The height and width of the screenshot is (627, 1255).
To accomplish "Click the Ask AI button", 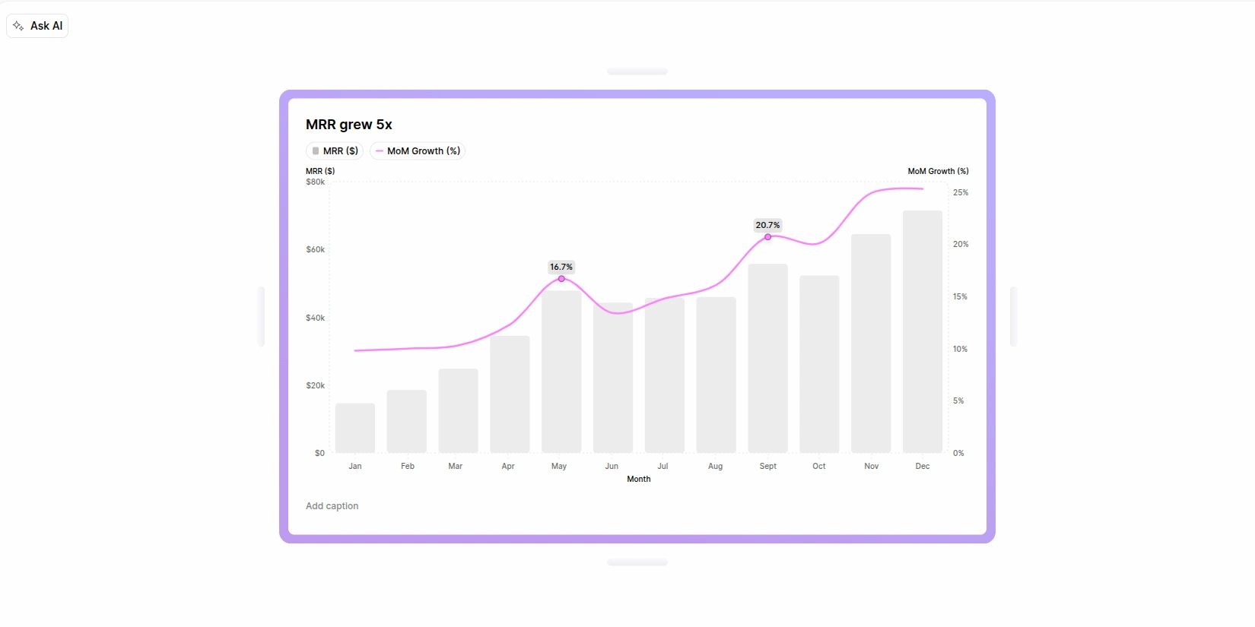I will (x=37, y=26).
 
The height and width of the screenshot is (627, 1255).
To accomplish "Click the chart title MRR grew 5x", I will (x=349, y=125).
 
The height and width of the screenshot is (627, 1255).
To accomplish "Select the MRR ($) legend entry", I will (x=335, y=151).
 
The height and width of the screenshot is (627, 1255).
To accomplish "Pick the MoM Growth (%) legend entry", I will (x=418, y=151).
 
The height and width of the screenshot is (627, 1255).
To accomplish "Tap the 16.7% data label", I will (x=561, y=267).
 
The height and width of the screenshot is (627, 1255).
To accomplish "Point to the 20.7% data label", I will (x=767, y=225).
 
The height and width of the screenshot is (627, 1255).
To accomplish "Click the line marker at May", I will (x=561, y=279).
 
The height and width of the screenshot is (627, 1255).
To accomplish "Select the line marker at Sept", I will (x=767, y=237).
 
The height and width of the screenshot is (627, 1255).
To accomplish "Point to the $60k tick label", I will (x=315, y=249).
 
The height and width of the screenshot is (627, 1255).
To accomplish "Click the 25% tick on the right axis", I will (x=961, y=192).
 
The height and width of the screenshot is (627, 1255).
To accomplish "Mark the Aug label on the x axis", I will (x=715, y=466).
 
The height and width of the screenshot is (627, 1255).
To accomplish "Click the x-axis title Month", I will (x=639, y=479).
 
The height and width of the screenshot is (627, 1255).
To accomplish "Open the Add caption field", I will (x=332, y=506).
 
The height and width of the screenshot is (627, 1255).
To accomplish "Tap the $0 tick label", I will (x=319, y=453).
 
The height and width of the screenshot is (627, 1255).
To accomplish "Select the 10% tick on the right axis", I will (x=960, y=349).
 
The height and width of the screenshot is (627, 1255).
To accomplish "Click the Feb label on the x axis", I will (x=408, y=466).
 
